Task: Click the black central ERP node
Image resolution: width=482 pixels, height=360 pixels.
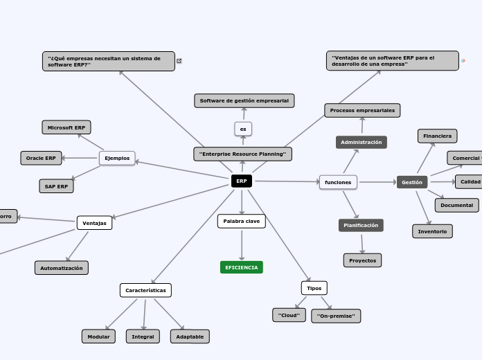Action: point(241,181)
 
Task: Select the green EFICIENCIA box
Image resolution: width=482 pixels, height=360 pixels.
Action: point(242,267)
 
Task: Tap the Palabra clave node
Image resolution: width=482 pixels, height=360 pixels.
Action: point(242,221)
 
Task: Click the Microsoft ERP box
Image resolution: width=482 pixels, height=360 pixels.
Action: point(66,127)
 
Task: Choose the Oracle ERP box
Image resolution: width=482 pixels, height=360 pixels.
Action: point(41,158)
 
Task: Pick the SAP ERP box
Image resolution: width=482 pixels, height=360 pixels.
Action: point(56,186)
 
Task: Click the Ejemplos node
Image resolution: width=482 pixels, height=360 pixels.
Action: point(117,158)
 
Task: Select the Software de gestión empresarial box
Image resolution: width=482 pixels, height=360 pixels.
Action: point(244,101)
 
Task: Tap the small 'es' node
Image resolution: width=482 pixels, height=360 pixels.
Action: point(243,129)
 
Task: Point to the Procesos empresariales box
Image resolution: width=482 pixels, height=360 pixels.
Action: point(362,110)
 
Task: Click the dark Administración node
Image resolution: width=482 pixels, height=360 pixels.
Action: point(361,142)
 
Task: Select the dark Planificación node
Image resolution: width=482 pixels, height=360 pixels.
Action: point(361,225)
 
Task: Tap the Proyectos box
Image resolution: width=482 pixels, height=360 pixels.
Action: point(362,260)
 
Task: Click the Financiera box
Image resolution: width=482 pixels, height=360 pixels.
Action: point(437,136)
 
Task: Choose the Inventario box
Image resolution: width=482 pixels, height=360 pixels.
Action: point(433,231)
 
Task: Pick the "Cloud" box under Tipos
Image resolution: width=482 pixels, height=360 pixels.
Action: point(289,315)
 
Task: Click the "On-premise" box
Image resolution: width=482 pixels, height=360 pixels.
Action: point(336,316)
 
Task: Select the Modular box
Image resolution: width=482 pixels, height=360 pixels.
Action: point(98,336)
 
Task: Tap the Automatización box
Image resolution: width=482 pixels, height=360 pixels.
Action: point(62,268)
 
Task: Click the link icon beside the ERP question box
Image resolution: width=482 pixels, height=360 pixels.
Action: point(180,61)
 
